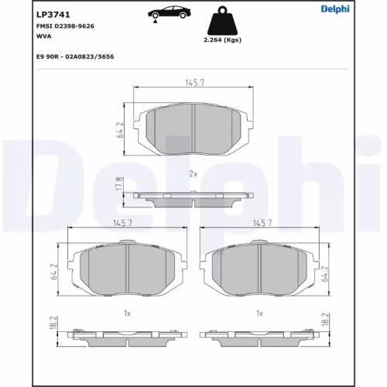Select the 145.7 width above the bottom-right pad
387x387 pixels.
tap(260, 223)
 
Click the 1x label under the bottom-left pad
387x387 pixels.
tap(125, 313)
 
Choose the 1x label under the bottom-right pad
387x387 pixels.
tap(260, 313)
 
